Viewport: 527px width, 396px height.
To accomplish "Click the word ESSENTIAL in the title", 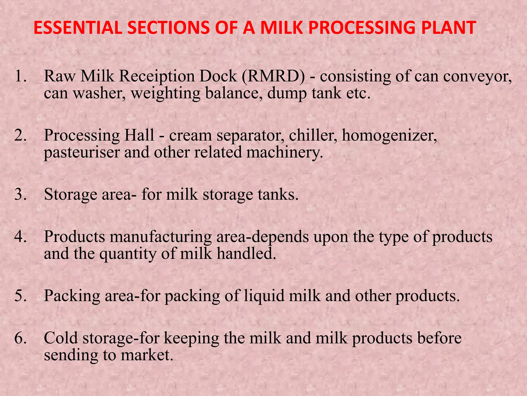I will tap(77, 28).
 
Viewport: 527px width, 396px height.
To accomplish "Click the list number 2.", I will tap(21, 135).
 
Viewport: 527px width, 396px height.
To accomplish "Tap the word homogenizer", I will tap(389, 136).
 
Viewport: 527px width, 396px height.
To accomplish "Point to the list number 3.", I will tap(21, 194).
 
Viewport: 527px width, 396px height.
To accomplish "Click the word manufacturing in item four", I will tap(161, 237).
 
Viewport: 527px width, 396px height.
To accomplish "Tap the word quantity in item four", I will tap(128, 254).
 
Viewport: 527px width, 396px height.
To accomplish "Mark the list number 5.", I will tap(21, 296).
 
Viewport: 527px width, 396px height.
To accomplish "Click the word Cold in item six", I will tap(61, 338).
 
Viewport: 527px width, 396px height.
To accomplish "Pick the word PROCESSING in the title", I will tap(362, 28).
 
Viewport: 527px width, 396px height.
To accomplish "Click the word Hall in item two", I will tap(139, 135).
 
